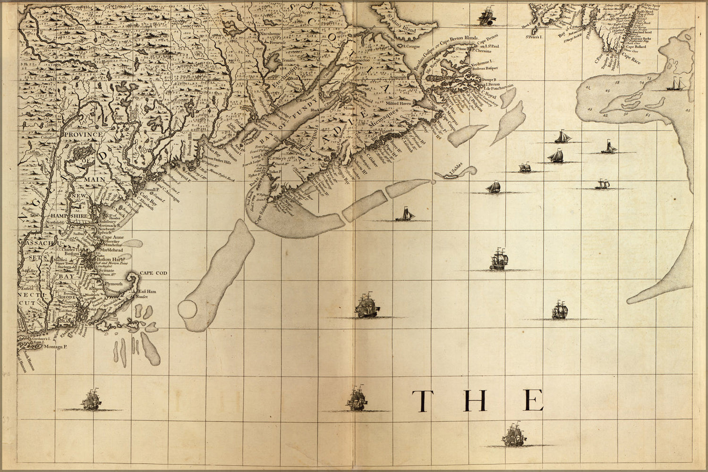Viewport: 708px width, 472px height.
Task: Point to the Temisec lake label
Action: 275,62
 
